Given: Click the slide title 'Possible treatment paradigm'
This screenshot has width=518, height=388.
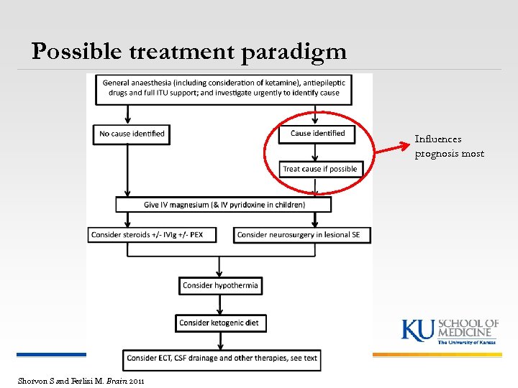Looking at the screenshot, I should pos(188,51).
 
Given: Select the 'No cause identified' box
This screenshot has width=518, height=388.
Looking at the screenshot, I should pos(132,134).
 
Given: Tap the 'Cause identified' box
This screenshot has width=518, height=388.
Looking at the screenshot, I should pos(317,133).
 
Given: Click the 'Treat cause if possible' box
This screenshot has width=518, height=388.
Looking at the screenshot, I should pos(319,169).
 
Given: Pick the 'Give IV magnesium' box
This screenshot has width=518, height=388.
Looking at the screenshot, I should pos(224,205).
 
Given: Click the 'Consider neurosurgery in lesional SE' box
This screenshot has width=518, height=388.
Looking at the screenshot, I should pos(301,235).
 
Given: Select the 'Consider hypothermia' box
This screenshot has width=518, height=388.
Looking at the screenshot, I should pos(220,285).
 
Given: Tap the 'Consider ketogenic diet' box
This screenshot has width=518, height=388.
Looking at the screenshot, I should pos(219,323).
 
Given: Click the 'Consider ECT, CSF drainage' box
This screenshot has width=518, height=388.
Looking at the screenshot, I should pos(222,358).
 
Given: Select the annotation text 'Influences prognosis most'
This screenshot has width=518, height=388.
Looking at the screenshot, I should pos(449,146).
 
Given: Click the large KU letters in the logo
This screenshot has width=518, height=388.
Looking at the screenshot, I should pos(417,330).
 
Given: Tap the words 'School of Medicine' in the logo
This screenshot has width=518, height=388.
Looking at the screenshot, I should pos(468,328).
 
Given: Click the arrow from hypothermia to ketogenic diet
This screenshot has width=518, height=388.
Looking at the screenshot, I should pos(219,305).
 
